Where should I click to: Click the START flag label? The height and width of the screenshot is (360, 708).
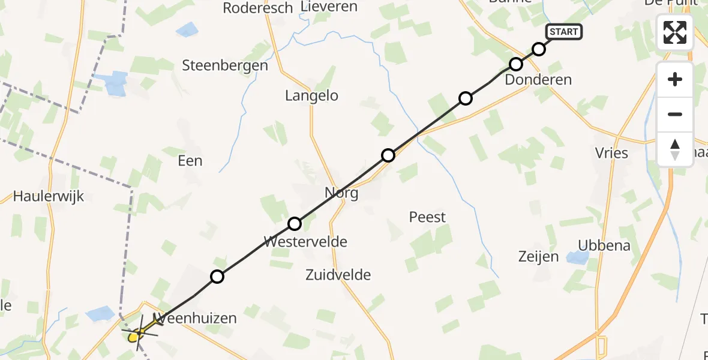[563, 32]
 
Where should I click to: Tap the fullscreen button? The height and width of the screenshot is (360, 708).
[675, 32]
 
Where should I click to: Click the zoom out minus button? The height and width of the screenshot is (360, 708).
[675, 114]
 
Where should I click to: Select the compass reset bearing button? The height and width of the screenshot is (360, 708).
[675, 149]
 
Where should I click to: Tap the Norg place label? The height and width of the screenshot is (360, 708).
[341, 193]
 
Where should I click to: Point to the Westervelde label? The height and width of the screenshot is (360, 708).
[305, 242]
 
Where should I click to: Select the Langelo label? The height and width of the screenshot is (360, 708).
[311, 95]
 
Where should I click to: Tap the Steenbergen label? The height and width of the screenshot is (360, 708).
[225, 65]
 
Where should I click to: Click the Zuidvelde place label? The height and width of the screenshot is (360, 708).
[338, 275]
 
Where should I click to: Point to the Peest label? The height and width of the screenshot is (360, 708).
[427, 217]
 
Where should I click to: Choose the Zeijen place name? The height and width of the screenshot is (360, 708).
[538, 257]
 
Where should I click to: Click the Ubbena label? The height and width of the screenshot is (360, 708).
[604, 245]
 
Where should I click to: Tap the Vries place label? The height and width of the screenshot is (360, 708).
[613, 153]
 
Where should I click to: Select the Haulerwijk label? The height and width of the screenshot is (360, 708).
[48, 196]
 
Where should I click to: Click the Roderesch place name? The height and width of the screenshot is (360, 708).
[258, 8]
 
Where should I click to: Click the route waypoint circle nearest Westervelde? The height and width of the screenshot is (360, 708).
[295, 224]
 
